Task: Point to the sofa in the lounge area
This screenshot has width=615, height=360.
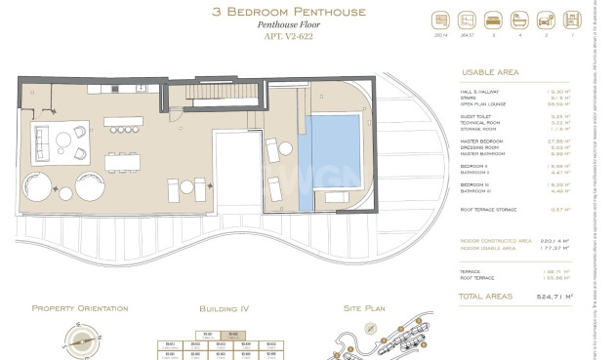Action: (42, 142)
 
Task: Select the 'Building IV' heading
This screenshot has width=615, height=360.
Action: (224, 308)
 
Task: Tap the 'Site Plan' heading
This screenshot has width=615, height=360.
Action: (366, 308)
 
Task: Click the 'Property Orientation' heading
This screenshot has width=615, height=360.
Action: (80, 308)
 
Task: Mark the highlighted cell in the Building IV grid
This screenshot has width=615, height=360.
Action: (231, 335)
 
